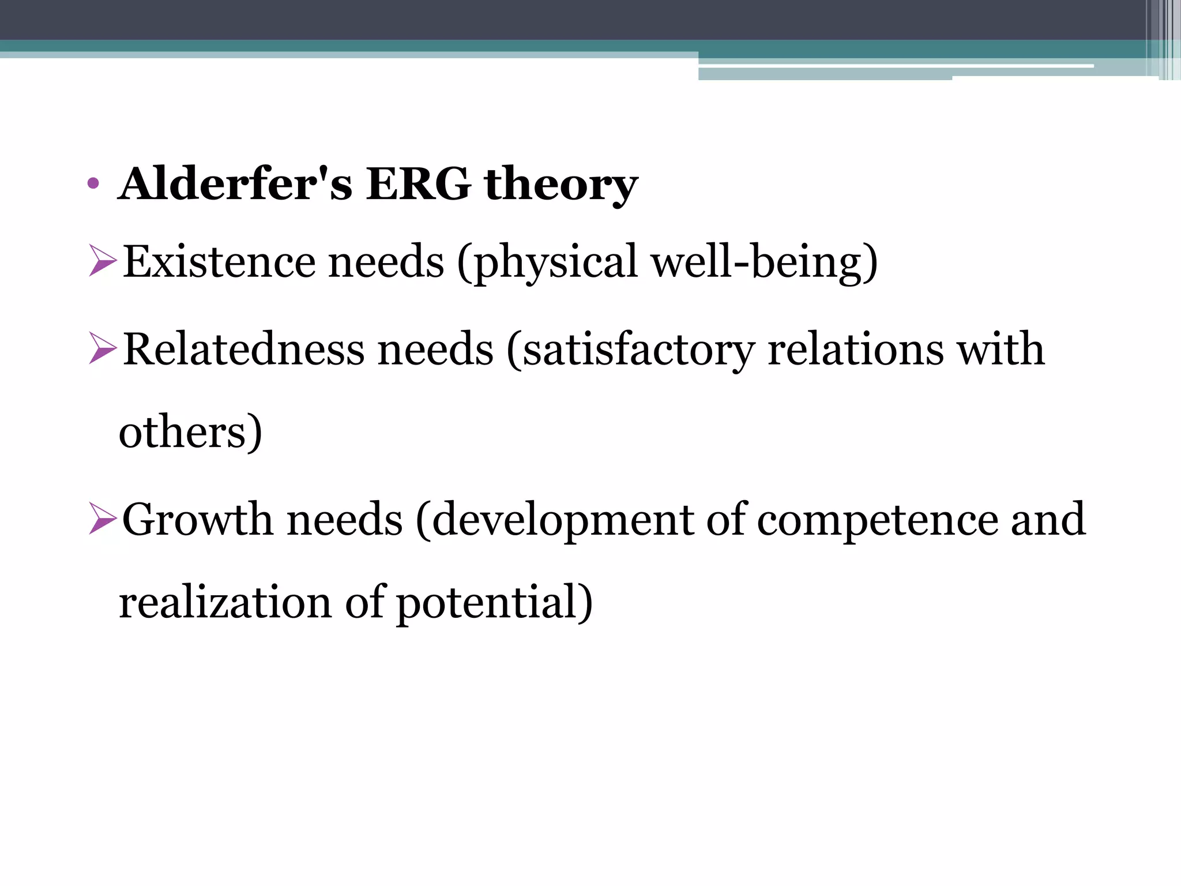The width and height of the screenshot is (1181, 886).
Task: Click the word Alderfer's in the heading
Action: click(235, 184)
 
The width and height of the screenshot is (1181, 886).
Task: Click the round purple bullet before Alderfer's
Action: click(92, 185)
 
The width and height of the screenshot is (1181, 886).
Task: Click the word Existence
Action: click(219, 262)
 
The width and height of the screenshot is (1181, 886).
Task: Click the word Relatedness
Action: click(244, 350)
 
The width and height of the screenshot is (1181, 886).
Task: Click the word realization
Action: click(225, 602)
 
